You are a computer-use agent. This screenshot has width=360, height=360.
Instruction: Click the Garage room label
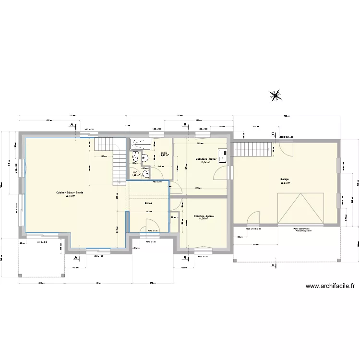[285, 179]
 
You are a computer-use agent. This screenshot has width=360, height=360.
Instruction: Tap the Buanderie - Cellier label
[204, 159]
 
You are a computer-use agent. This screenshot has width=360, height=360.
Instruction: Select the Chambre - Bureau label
[204, 216]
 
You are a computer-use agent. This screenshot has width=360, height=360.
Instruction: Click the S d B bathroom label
[163, 153]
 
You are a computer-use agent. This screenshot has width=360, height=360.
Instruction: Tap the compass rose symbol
[276, 96]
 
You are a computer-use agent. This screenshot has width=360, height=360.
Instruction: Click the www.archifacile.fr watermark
[331, 287]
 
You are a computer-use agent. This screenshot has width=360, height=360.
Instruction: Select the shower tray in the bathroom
[140, 143]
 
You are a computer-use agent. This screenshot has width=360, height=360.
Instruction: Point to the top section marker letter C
[273, 133]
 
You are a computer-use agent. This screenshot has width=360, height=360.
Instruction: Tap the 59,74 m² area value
[70, 196]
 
